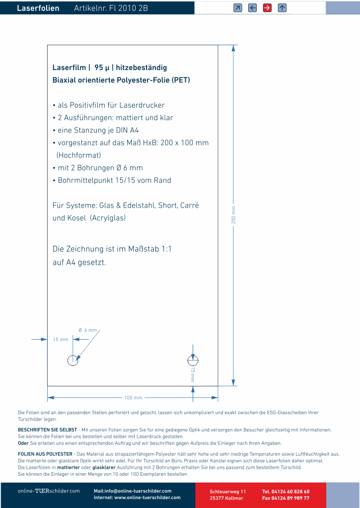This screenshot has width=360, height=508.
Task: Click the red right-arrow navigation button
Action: point(267,7)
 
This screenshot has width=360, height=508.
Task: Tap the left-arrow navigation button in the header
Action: point(252,7)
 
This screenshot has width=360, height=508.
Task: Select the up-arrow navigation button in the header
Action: point(282,7)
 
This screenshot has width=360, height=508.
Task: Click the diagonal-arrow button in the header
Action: point(238,7)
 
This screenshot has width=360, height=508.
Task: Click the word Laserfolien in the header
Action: point(38,8)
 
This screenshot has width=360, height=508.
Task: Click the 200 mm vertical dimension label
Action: point(233,214)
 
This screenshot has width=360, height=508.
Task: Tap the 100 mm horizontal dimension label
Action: point(133,398)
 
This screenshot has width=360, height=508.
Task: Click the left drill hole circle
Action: point(73,360)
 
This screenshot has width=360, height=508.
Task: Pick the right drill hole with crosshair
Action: point(193,360)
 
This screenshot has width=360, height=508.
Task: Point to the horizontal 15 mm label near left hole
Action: point(61,340)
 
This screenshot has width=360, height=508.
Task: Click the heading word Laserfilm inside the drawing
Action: point(69,68)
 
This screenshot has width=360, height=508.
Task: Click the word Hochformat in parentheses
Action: point(79,155)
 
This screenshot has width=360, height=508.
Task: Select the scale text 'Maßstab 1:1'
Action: point(149,249)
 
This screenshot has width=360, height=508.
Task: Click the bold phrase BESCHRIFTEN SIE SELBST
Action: point(47,430)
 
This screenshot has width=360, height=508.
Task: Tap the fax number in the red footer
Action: point(286,498)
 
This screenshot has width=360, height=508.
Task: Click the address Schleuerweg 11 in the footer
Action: point(227,491)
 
